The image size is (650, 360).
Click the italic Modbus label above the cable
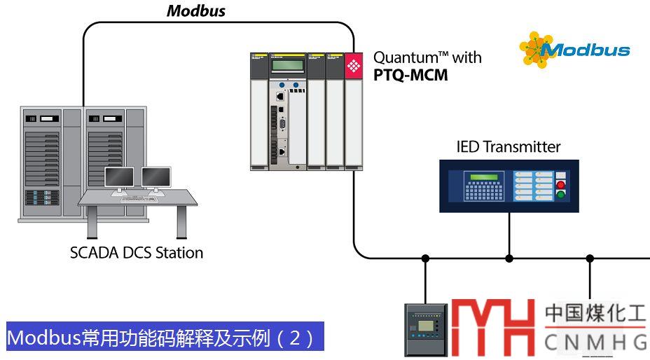(x=195, y=11)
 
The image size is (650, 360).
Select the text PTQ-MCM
(x=410, y=75)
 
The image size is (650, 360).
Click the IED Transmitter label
(x=509, y=147)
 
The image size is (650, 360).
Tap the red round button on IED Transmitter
(x=560, y=185)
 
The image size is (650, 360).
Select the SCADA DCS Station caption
(x=137, y=253)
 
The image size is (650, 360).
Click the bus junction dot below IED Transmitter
(x=509, y=258)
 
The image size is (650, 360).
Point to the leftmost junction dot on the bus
(x=425, y=258)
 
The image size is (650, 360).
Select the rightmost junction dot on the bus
(x=590, y=258)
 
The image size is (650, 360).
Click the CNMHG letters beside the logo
(x=596, y=342)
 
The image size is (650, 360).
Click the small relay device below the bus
(x=426, y=330)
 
